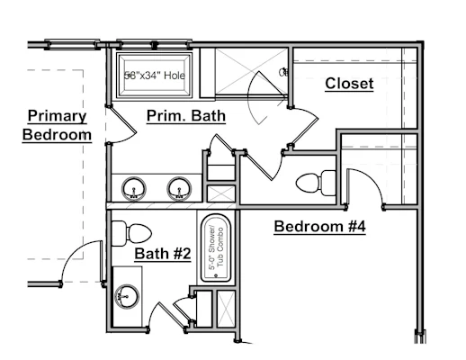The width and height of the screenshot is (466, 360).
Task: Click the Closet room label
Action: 349,84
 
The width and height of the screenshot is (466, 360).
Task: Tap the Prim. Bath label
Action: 186,115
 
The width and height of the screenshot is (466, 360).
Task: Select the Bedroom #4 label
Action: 320,226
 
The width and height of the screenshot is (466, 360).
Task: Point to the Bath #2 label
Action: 163,254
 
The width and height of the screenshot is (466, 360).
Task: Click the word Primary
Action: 57,116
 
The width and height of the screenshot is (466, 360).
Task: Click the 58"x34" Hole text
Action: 155,75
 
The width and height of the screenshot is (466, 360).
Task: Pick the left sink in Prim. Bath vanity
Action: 134,189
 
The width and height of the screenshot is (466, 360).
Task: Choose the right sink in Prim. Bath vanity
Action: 179,189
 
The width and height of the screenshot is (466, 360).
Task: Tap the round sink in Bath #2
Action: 127,296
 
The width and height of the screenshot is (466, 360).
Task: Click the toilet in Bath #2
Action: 131,233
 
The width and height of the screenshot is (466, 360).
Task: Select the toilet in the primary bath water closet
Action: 316,183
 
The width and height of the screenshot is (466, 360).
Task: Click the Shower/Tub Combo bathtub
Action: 216,247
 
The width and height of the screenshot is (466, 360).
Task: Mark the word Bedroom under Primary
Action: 57,135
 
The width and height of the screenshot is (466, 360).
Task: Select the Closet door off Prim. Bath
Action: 307,125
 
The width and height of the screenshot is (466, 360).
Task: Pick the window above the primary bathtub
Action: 155,45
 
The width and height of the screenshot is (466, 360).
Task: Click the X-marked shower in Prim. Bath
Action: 251,71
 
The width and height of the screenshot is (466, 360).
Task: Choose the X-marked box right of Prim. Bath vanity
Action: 221,193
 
